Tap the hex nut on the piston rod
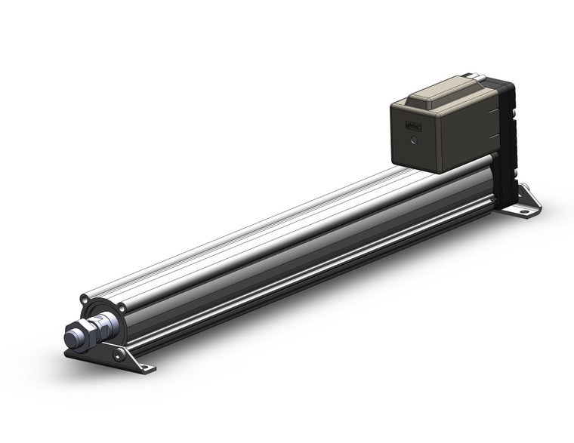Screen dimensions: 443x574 tap(85, 337)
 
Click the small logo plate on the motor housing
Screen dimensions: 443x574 tap(414, 127)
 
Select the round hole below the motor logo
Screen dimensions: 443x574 tap(413, 141)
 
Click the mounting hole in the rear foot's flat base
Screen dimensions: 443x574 tap(523, 211)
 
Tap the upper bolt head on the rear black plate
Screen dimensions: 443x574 tap(514, 115)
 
